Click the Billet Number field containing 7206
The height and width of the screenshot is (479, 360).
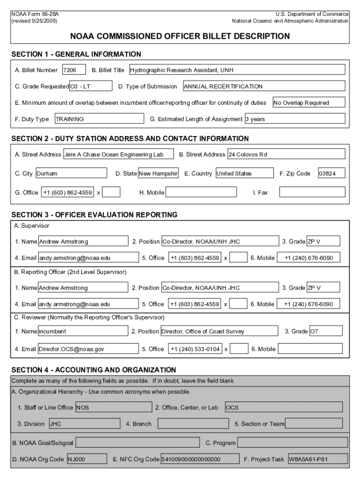coord(74,70)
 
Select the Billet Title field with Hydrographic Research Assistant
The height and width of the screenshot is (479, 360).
coord(237,70)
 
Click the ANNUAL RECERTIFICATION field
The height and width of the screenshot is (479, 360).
coord(264,87)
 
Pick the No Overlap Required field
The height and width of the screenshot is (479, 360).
coord(309,103)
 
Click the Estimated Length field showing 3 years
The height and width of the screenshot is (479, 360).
coord(295,119)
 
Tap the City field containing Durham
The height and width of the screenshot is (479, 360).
coord(72,174)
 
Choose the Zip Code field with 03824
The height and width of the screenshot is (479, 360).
coord(331,174)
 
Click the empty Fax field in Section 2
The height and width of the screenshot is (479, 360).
coord(312,192)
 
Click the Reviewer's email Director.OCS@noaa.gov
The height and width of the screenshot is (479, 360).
coord(88,349)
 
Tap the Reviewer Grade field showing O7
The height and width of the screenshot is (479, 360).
coord(325,332)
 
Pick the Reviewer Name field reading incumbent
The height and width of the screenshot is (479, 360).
coord(83,332)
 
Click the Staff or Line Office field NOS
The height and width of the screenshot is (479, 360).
coord(113,407)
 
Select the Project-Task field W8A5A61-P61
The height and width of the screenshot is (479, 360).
coord(317,459)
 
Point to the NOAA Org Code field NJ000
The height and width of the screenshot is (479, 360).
coord(83,459)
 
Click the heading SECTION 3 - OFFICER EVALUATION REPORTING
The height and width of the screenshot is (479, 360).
coord(94,215)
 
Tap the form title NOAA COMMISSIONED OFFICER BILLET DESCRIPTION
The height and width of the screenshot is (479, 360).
coord(180,36)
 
